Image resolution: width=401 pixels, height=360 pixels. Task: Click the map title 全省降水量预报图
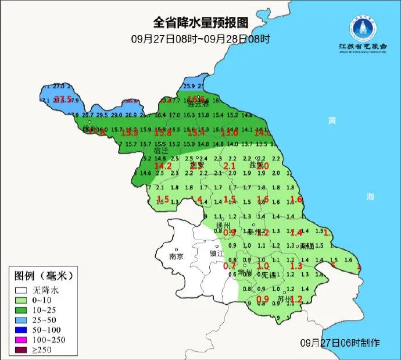pos(201,23)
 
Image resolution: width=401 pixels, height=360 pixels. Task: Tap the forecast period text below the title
pos(201,39)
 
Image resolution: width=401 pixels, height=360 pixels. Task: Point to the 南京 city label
pos(176,256)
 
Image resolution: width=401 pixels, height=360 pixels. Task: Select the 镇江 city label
pos(217,254)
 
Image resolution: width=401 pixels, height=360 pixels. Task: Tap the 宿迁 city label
pos(162,150)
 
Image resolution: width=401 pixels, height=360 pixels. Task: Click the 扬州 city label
pos(223,225)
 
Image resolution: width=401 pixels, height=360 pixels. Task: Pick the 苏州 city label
pos(284,300)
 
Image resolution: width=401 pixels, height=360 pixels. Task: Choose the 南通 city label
pos(307,246)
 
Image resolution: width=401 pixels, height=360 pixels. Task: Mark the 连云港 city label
pos(199,104)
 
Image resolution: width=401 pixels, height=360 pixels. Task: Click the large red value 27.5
pos(63,99)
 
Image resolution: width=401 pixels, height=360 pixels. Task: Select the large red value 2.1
pos(230,167)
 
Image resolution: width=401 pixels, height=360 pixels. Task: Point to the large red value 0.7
pos(230,266)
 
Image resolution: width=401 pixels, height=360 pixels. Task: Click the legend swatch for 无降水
pos(22,289)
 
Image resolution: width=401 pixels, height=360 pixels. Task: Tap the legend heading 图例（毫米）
pos(44,275)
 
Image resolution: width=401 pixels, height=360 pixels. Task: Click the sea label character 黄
pos(332,120)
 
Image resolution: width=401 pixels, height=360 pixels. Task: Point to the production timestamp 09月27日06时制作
pos(340,343)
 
